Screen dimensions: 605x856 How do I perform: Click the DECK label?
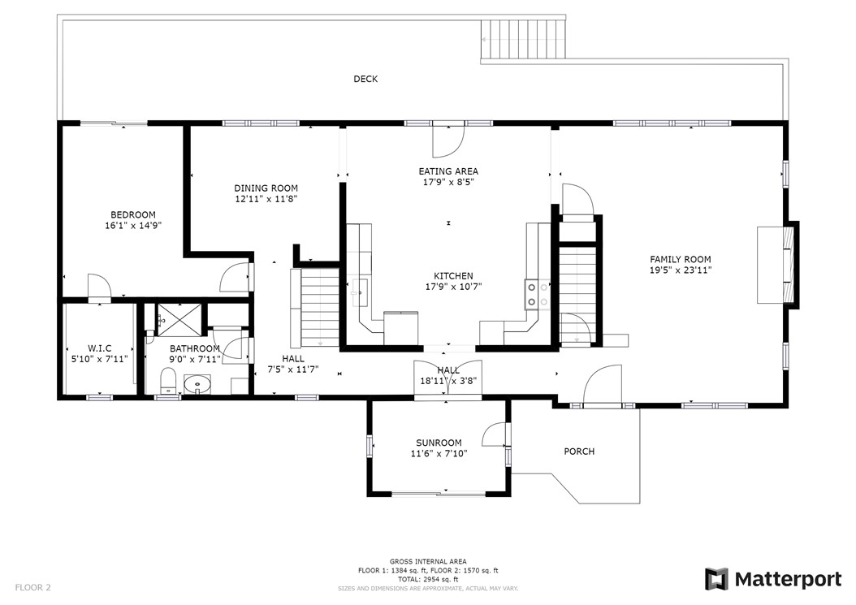(x=365, y=79)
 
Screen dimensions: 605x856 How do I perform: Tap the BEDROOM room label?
(x=133, y=215)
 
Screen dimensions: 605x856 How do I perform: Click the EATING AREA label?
(x=448, y=171)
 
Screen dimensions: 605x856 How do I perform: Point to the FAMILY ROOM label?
(x=680, y=259)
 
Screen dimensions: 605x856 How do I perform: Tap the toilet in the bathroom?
(x=168, y=380)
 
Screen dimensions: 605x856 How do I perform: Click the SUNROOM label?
(x=439, y=443)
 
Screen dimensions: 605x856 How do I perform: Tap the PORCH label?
(x=579, y=452)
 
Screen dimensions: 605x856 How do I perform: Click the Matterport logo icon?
(x=716, y=579)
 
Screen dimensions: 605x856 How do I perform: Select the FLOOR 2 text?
(x=32, y=586)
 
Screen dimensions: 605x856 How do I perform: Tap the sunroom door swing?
(x=494, y=435)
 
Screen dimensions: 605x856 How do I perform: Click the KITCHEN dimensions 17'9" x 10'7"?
(x=448, y=287)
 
